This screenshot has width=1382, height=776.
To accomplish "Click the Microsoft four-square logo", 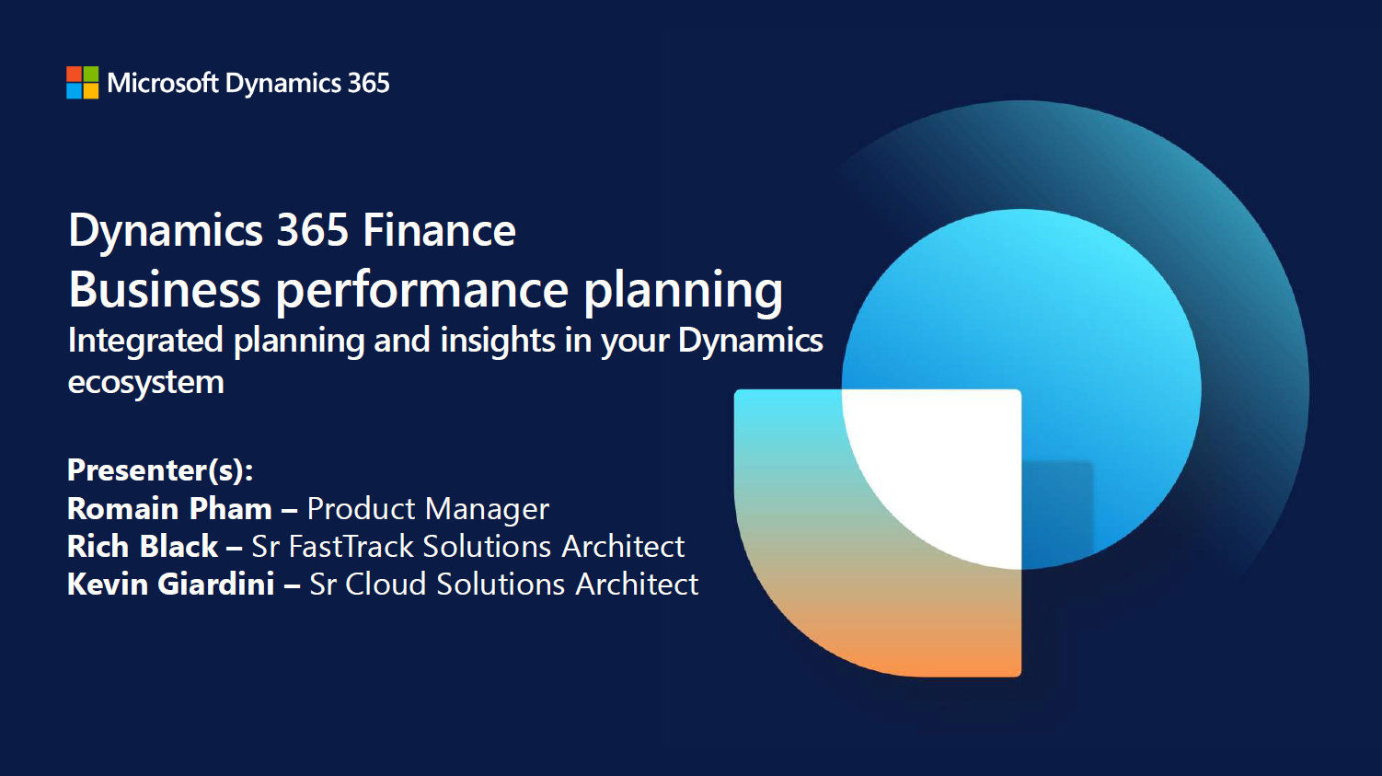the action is [x=82, y=82].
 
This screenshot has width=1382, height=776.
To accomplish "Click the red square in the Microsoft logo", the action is [x=74, y=74].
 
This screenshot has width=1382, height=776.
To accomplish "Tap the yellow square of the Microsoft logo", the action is [x=91, y=91].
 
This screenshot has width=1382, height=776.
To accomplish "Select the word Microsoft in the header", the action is [x=163, y=83].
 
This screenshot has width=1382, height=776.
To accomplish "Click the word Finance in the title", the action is [x=439, y=230].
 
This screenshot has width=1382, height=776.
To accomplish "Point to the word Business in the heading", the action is [x=164, y=290].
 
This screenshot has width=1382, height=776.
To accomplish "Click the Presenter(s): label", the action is [x=160, y=470].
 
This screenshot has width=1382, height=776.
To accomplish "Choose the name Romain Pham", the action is [x=169, y=509].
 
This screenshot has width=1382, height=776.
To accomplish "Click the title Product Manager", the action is [x=428, y=510].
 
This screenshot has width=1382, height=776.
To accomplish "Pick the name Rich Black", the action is [x=143, y=547].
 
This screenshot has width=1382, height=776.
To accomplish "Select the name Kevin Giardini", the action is [x=170, y=584].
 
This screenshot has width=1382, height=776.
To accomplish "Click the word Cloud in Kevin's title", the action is [x=386, y=584].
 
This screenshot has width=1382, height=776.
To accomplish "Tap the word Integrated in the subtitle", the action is [x=145, y=342].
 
